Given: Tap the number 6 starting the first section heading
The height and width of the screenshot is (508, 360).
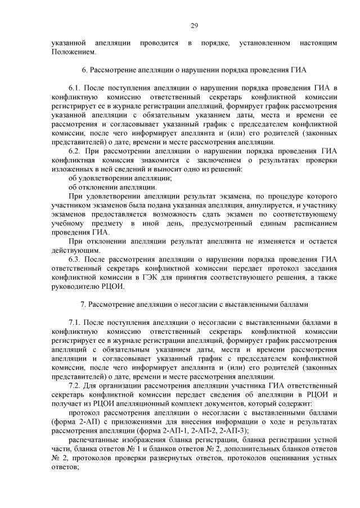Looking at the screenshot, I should [x=84, y=71].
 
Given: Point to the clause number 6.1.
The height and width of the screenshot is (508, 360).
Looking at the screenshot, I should [x=75, y=89].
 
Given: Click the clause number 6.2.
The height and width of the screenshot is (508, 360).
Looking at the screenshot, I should [x=75, y=151].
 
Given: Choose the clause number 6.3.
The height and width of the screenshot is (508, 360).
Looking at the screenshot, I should [x=75, y=259].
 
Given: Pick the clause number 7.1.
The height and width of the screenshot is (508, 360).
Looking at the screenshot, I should [x=75, y=321].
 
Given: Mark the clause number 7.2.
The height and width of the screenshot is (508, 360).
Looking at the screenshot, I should [x=75, y=384].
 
